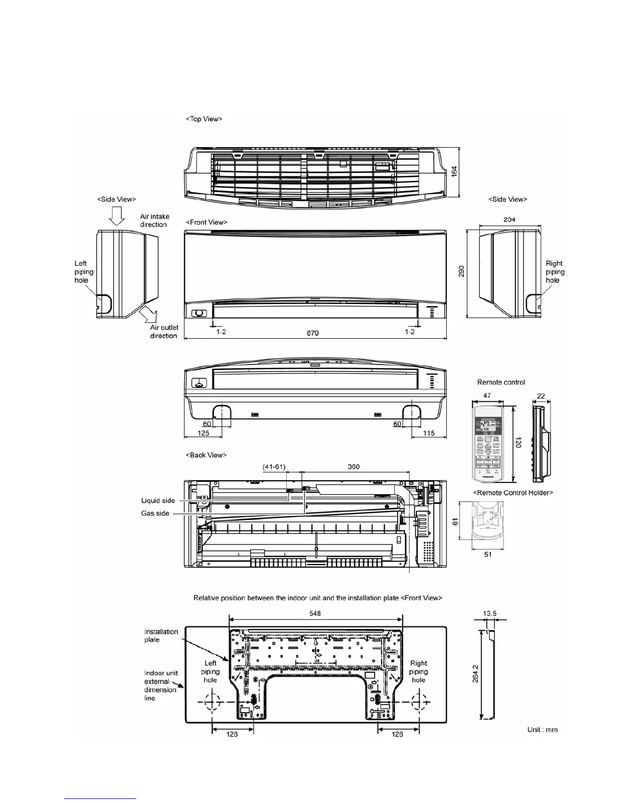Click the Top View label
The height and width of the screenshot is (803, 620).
204,119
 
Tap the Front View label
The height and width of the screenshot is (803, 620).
207,222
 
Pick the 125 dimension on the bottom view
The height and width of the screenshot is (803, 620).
203,433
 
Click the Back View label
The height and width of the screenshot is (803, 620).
206,455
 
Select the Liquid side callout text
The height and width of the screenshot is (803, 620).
158,500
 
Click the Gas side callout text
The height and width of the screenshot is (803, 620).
155,514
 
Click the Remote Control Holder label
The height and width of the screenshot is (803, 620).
513,492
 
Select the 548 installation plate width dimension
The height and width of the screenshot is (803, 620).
315,613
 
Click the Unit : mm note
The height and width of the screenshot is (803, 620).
542,729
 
